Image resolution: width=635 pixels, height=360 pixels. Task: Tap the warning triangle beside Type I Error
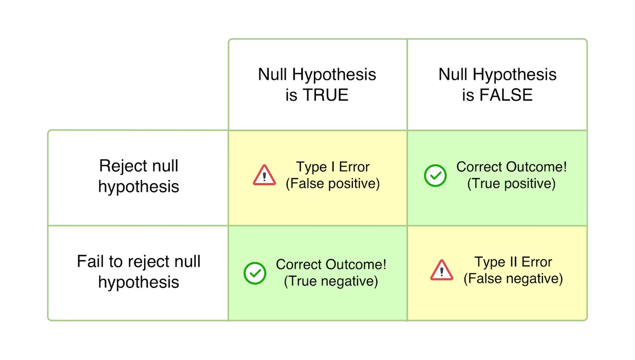click(265, 176)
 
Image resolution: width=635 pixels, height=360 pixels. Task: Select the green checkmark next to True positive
click(436, 176)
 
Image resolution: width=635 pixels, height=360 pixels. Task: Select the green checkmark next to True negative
click(255, 273)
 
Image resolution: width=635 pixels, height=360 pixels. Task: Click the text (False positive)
click(333, 183)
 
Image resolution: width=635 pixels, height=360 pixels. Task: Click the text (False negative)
click(513, 279)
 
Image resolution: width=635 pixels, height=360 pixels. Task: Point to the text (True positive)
click(511, 183)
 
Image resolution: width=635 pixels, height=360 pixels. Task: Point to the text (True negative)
click(331, 281)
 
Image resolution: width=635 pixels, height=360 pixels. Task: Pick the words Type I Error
click(333, 167)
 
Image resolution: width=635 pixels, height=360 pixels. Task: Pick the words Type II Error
click(513, 262)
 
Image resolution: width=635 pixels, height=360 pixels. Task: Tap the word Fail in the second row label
click(90, 261)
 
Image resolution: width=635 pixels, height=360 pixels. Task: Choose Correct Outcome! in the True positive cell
click(511, 167)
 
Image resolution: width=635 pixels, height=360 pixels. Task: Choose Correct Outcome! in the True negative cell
click(331, 264)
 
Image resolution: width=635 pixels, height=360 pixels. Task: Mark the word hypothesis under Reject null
click(139, 186)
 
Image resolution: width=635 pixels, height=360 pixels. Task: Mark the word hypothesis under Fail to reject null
click(139, 282)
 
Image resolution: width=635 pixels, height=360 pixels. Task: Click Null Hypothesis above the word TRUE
click(317, 74)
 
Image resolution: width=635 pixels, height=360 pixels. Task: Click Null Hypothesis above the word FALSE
click(497, 74)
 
